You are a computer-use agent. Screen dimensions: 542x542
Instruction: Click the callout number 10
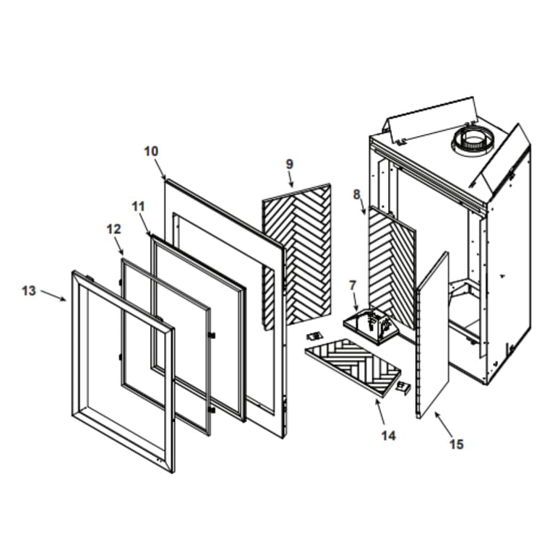[151, 152]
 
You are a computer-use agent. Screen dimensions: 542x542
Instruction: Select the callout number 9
[290, 164]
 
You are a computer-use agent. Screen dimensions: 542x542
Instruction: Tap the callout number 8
[357, 194]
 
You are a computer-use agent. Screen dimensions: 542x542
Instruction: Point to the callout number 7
[353, 285]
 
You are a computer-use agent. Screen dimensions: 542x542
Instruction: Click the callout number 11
[138, 207]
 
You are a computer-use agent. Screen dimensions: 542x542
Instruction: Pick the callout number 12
[113, 229]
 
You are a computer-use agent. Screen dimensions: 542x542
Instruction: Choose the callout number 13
[29, 291]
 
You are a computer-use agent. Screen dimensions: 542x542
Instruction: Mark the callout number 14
[389, 436]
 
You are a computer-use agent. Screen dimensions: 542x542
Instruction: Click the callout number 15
[456, 444]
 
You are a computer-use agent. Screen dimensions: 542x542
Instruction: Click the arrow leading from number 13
[53, 296]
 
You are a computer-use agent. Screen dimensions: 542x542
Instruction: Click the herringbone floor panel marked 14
[353, 366]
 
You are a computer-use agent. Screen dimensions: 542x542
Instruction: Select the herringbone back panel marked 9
[296, 256]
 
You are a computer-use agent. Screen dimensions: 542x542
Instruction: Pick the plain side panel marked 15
[433, 335]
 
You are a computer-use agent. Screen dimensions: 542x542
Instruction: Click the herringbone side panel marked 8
[392, 267]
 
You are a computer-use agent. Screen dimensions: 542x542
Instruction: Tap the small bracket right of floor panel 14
[404, 387]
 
